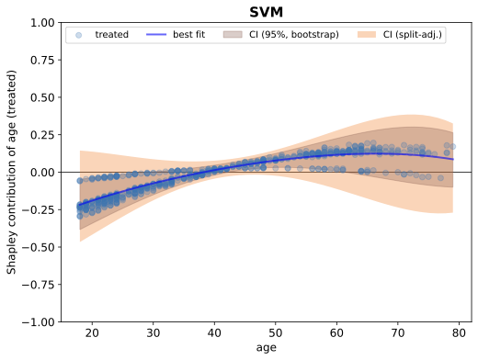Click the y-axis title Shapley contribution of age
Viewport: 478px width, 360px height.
point(12,172)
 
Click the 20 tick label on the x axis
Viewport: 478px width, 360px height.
point(91,334)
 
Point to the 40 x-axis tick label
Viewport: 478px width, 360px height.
point(214,334)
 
